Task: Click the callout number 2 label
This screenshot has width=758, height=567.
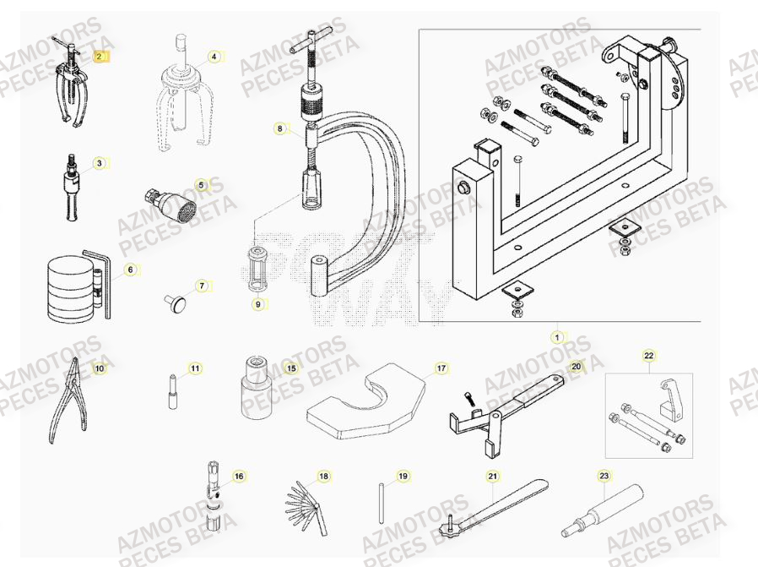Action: (100, 57)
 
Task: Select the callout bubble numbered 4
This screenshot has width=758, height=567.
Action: (214, 57)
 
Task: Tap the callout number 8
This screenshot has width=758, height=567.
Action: (279, 129)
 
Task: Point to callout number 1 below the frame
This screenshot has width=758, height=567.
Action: (556, 337)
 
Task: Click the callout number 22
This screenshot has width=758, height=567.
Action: (648, 356)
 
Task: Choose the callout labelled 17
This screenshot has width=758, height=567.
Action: (441, 368)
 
